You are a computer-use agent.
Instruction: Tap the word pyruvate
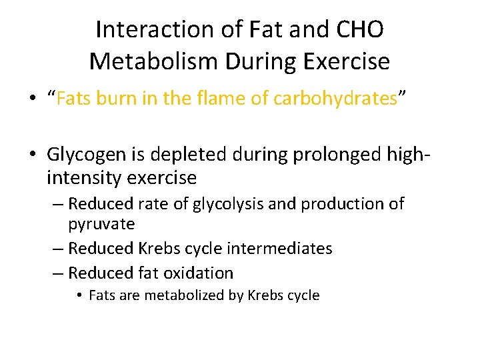click(x=101, y=224)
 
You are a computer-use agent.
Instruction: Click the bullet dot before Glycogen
click(x=35, y=155)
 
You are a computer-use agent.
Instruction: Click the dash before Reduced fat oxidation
click(x=57, y=273)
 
